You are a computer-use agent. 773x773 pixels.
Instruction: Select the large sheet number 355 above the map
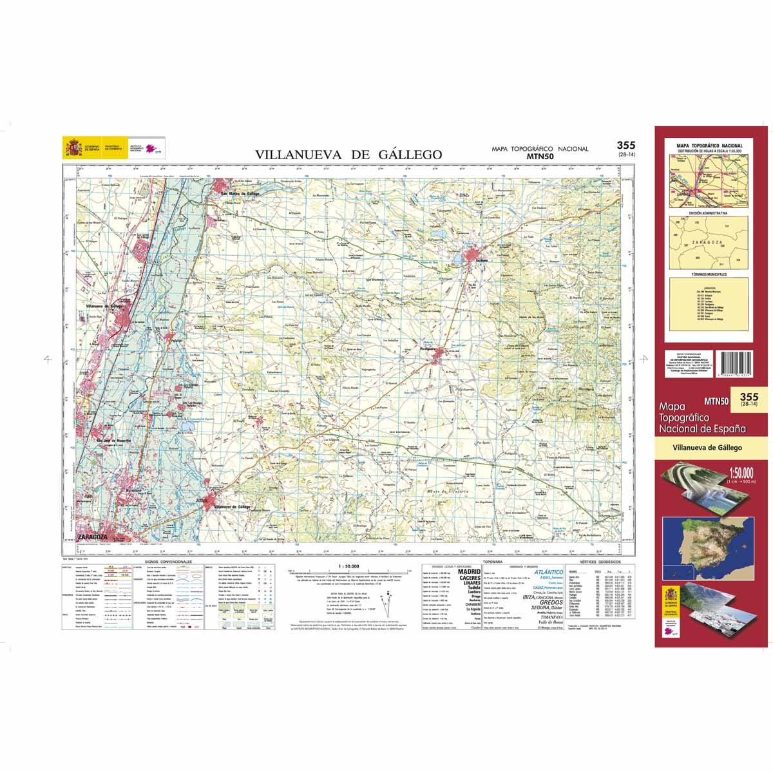click(626, 146)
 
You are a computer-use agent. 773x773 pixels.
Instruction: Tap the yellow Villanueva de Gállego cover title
click(707, 446)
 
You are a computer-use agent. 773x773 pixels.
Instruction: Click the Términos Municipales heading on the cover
click(707, 274)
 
